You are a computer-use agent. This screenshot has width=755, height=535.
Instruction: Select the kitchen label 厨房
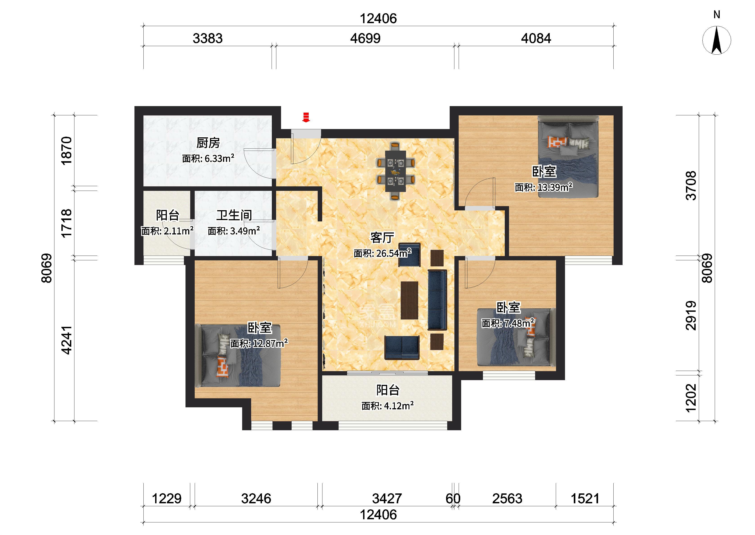click(208, 143)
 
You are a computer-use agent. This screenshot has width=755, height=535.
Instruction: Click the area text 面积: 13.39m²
click(543, 187)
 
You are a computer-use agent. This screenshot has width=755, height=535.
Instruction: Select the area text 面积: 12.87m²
click(259, 344)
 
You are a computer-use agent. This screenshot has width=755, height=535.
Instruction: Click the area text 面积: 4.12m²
click(387, 406)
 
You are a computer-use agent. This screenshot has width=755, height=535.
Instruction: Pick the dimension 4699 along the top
click(365, 38)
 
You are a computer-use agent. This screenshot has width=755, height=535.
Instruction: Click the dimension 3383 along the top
click(208, 38)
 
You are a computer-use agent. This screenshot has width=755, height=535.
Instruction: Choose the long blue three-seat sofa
click(437, 300)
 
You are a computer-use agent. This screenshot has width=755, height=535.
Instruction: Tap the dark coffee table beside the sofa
click(409, 300)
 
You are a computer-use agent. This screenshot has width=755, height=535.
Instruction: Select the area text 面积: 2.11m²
click(167, 231)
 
